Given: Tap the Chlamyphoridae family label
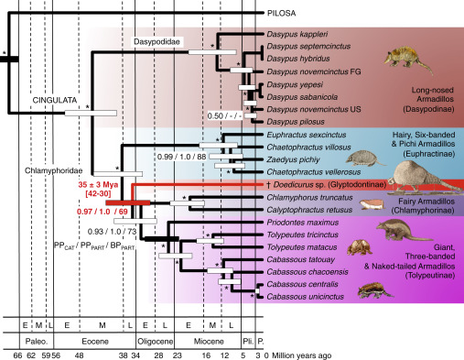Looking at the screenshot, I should pos(54,169).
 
